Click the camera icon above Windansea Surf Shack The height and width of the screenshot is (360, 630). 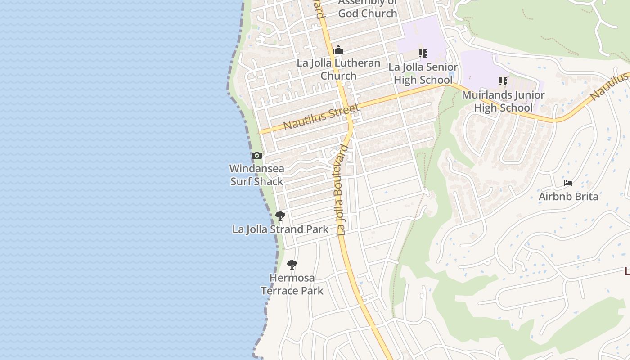[x=257, y=156]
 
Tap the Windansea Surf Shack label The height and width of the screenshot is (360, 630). [x=257, y=175]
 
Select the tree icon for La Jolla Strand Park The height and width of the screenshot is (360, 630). [x=280, y=216]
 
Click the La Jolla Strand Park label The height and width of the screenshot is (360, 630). [x=280, y=229]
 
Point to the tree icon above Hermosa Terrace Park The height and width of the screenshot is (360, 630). [x=292, y=265]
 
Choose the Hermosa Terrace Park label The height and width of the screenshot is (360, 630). [x=292, y=284]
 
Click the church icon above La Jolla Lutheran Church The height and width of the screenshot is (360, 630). [x=338, y=50]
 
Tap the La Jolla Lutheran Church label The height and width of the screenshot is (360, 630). [x=338, y=69]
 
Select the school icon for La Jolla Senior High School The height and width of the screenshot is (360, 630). [x=423, y=54]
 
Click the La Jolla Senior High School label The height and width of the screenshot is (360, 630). [x=423, y=73]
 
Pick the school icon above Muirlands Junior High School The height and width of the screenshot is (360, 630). [x=503, y=81]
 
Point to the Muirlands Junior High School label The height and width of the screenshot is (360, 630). [x=503, y=101]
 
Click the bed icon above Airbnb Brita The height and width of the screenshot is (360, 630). [x=568, y=183]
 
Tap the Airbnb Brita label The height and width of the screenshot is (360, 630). [x=568, y=197]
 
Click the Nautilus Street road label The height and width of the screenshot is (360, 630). [x=321, y=117]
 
